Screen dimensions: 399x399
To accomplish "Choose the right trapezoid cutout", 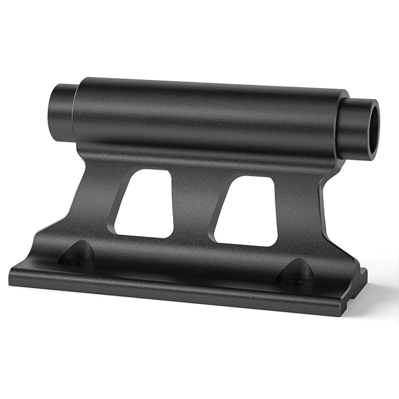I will tap(245, 211).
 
